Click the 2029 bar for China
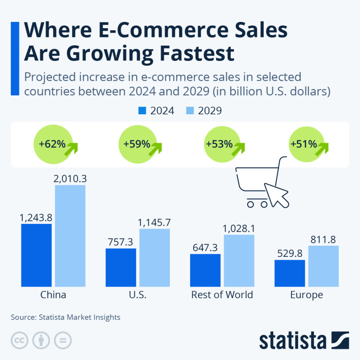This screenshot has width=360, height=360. (70, 235)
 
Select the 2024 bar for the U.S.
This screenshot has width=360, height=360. (121, 267)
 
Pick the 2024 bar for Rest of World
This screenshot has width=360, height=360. (205, 270)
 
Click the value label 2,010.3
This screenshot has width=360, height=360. (70, 179)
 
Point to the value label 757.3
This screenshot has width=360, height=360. (121, 242)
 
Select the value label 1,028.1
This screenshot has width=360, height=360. (239, 228)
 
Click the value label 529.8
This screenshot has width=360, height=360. (289, 253)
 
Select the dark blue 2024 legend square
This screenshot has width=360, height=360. (142, 110)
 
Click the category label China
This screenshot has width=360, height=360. (54, 295)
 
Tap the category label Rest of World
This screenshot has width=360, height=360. (222, 295)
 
